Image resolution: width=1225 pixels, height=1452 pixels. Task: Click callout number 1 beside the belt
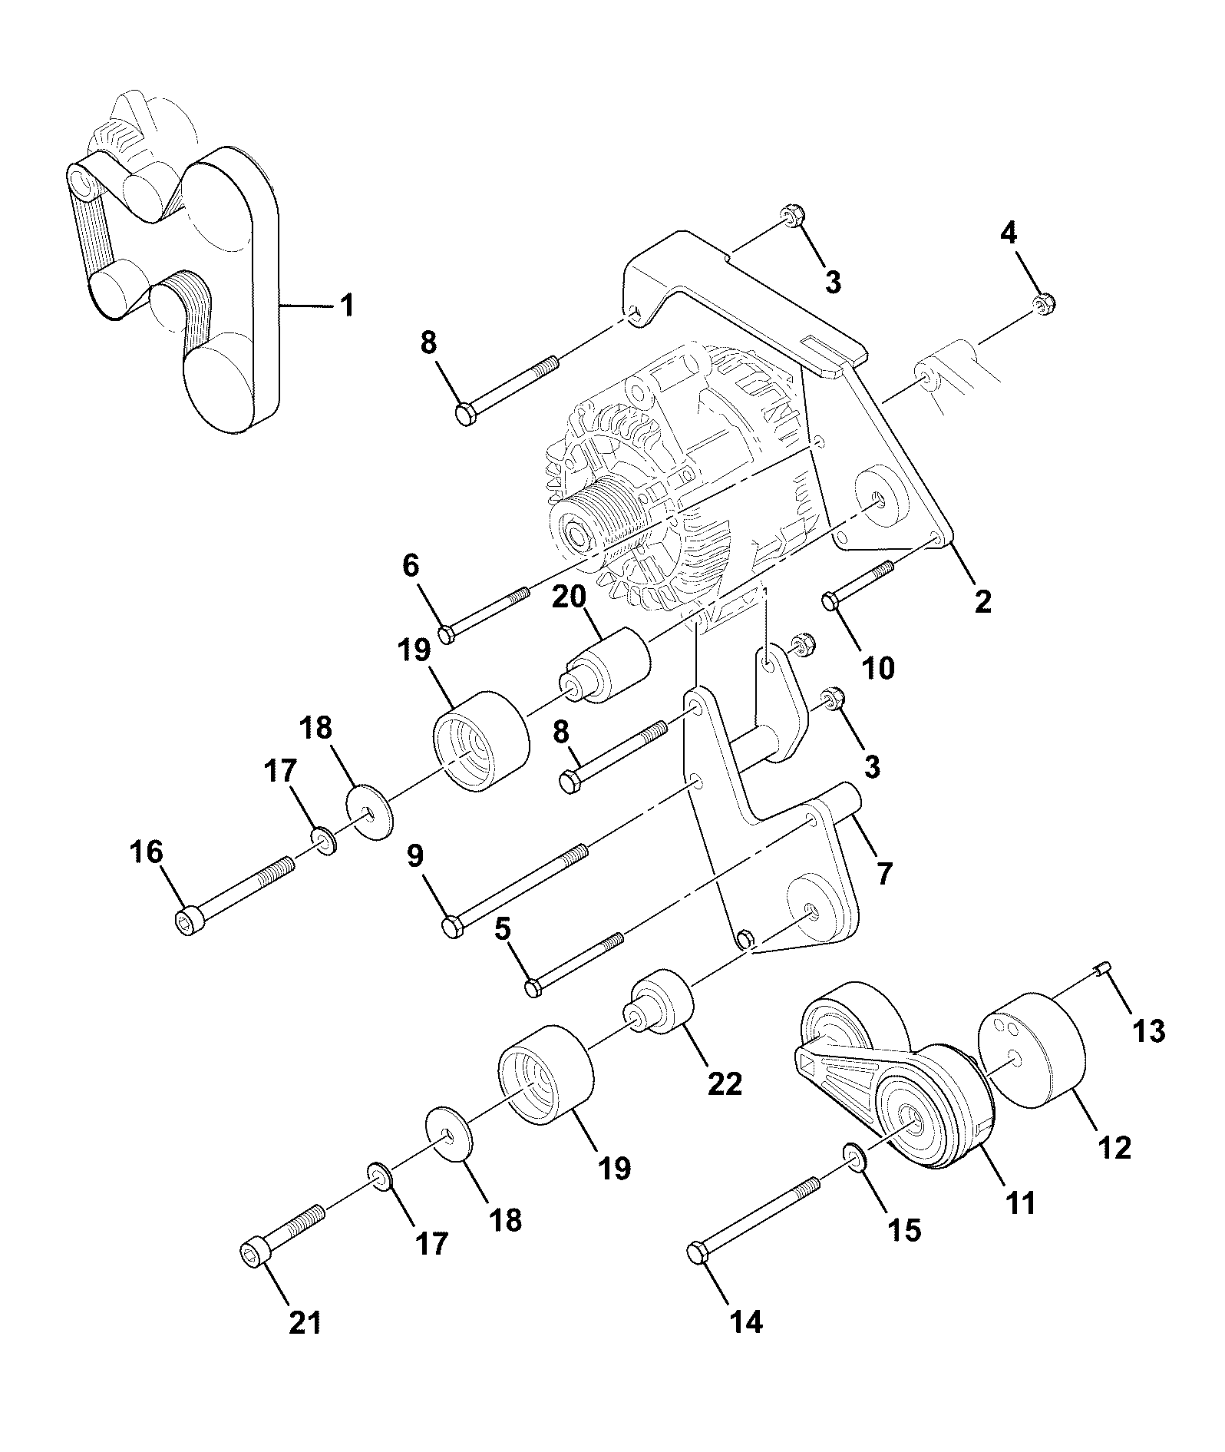(x=346, y=306)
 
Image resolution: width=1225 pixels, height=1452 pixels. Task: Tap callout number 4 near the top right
(x=1009, y=233)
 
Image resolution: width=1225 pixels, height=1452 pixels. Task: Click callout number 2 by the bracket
(x=982, y=600)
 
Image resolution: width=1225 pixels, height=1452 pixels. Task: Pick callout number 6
(x=411, y=566)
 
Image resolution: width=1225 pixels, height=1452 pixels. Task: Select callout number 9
(x=415, y=856)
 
